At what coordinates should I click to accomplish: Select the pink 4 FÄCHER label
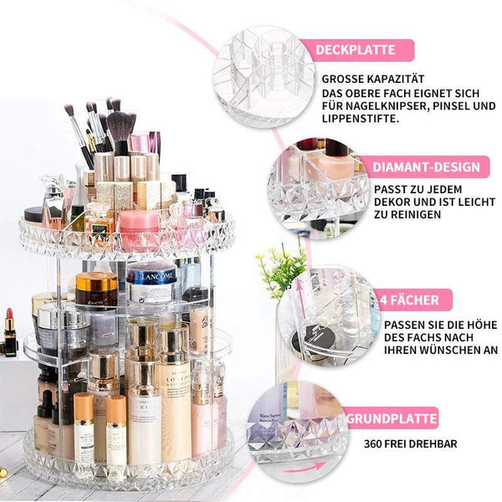pos(413,300)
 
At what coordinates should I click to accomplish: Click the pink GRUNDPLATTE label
pos(392,418)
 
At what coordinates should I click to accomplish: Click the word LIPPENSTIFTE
pos(360,119)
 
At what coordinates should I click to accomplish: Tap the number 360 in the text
pos(372,444)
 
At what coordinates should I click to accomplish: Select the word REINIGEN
pos(415,214)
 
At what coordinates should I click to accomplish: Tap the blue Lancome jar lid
pos(151,274)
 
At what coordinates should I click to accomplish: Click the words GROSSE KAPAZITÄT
pos(373,79)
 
